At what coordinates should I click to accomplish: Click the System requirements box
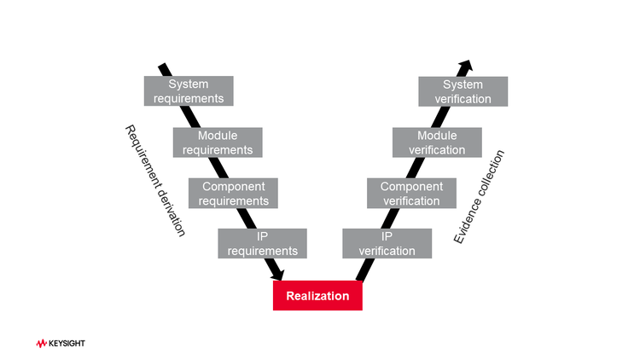(189, 91)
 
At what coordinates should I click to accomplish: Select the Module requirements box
(218, 142)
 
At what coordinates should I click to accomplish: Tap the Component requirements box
(234, 194)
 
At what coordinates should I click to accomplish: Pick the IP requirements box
(263, 243)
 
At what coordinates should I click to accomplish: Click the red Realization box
(317, 295)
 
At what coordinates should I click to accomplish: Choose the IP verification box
(387, 243)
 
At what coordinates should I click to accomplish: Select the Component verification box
(411, 194)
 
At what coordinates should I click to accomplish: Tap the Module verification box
(437, 142)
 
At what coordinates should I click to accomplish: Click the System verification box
(463, 91)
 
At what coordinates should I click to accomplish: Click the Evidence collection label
(480, 197)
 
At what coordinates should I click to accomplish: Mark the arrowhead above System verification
(465, 66)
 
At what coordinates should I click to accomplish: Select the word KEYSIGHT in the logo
(67, 343)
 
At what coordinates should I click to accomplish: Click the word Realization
(317, 296)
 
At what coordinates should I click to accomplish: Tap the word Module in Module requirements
(218, 136)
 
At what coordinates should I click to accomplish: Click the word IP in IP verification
(387, 236)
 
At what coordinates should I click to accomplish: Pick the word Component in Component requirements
(234, 187)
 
